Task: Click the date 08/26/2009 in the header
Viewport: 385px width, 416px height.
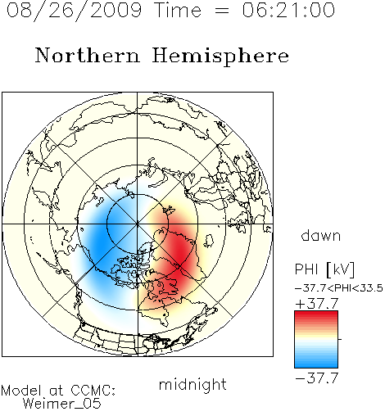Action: point(74,11)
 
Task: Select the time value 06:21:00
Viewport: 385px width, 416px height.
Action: point(288,10)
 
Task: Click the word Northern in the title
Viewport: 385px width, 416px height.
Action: point(88,55)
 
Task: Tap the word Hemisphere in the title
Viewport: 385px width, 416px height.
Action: point(220,57)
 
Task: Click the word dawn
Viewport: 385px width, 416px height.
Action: point(321,235)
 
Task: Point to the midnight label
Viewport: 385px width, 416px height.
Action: point(192,384)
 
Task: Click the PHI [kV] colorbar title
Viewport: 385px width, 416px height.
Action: point(324,269)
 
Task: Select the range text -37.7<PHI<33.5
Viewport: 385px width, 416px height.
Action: point(339,288)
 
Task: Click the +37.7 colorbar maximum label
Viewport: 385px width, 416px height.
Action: point(317,304)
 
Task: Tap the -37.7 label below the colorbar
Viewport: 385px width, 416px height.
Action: point(317,378)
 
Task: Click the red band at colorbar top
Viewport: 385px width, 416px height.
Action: point(316,314)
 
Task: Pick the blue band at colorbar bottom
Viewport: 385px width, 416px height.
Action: point(316,364)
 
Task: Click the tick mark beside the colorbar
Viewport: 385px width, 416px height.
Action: point(340,339)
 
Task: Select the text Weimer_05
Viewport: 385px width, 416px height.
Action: point(62,403)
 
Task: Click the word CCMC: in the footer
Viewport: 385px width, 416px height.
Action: point(93,391)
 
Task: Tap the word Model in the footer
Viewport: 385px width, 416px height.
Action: point(21,391)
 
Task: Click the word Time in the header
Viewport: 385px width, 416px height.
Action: point(178,10)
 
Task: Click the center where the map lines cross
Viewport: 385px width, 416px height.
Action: point(138,224)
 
